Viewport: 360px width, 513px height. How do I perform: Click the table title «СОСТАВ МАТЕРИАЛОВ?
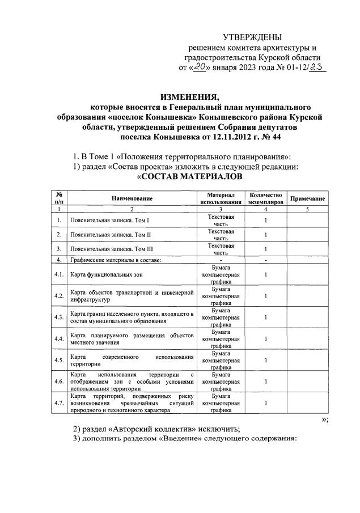point(190,177)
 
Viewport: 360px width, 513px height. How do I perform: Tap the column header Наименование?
point(132,198)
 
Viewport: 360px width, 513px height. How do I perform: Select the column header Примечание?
point(307,199)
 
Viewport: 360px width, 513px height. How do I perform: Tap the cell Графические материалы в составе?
point(116,260)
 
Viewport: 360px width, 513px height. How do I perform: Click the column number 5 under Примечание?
point(307,209)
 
